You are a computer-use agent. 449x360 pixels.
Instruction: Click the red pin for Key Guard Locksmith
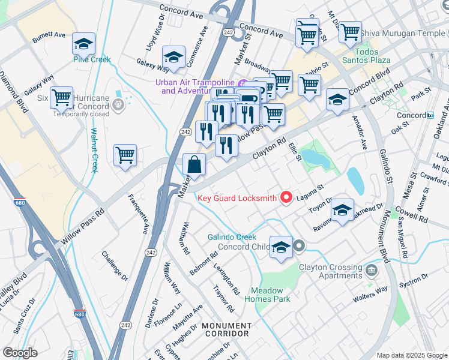[286, 197]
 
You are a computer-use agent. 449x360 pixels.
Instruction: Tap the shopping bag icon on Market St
[194, 165]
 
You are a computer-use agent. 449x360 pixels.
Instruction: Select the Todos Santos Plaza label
[366, 60]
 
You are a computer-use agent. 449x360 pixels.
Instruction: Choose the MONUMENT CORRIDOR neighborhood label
[226, 329]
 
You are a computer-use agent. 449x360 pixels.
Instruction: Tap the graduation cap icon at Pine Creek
[84, 44]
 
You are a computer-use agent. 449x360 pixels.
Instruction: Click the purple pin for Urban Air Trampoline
[243, 83]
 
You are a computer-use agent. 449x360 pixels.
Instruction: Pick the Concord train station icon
[430, 115]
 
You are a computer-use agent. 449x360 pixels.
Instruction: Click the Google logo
[20, 353]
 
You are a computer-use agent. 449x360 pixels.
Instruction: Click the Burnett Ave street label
[49, 36]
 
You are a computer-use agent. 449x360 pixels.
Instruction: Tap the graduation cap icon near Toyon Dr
[342, 210]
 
